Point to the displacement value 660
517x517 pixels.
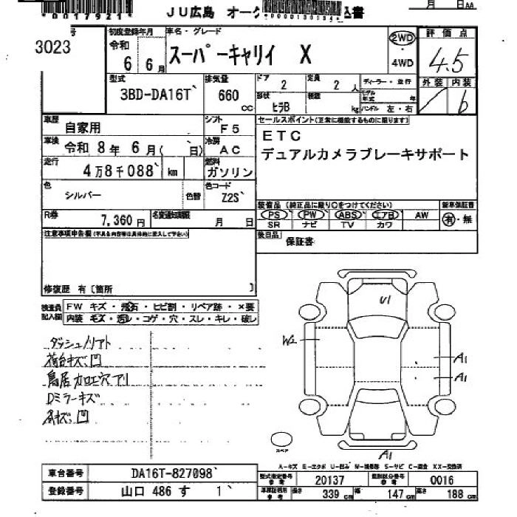pos(227,95)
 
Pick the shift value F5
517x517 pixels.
pos(231,129)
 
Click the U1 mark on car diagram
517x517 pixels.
pos(384,300)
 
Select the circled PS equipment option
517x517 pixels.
pos(274,214)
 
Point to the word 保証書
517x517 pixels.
pos(301,241)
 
